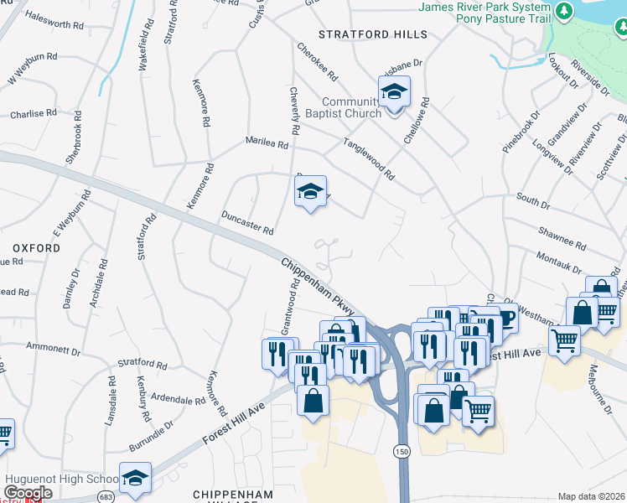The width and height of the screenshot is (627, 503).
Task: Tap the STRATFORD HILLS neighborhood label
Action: coord(372,34)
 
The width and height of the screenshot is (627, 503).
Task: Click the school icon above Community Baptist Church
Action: coord(393,91)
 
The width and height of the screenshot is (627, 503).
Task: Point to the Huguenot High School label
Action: coord(60,479)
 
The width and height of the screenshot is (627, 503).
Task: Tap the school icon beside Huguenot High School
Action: coord(135,477)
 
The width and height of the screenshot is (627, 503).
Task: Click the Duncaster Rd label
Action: coord(247,223)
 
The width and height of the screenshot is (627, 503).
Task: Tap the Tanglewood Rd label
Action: coord(368,158)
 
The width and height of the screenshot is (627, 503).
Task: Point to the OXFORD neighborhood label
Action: coord(36,249)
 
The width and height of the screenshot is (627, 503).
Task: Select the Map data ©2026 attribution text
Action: coord(591,496)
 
